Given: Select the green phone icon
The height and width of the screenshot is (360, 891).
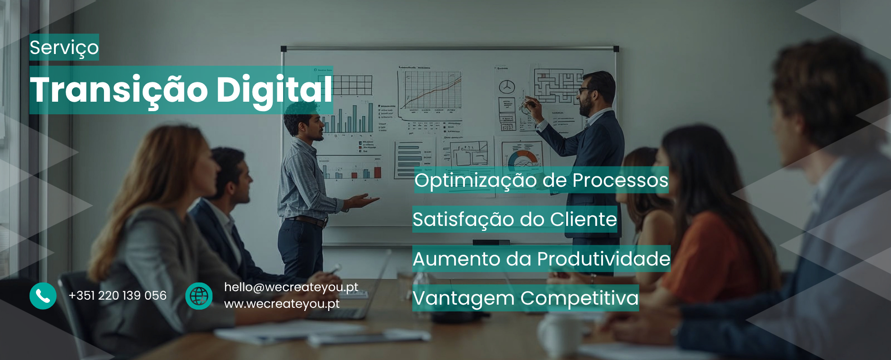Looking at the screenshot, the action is (x=43, y=296).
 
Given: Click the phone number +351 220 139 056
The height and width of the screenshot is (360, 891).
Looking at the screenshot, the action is (x=117, y=296).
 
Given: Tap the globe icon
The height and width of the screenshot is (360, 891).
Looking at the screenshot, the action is (x=199, y=296).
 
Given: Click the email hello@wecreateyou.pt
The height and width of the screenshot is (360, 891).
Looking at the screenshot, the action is (x=291, y=287).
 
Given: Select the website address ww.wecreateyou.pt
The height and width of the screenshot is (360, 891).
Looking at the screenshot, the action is (x=282, y=304).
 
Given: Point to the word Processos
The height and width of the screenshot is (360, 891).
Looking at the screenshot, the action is (x=620, y=180).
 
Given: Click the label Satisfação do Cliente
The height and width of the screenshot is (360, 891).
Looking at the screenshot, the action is (x=515, y=220).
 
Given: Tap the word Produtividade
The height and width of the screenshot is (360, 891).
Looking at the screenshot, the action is (x=603, y=259).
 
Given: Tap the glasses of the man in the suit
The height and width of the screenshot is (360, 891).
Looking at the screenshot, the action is (x=584, y=90).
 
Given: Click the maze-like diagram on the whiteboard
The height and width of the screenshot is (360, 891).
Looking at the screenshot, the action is (x=558, y=85).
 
